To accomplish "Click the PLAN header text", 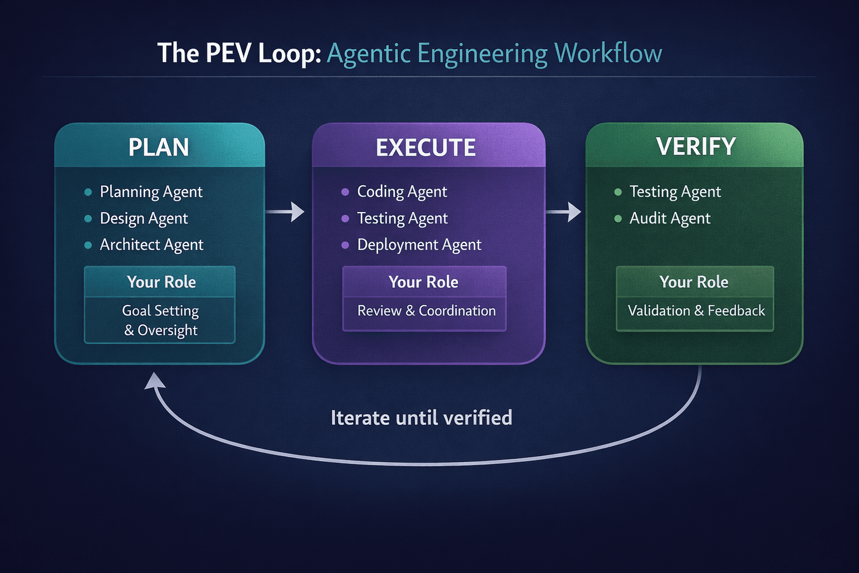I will tap(159, 147).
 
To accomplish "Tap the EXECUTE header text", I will tap(426, 148).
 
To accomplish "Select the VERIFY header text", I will tap(696, 147).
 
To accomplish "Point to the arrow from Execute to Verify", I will tap(564, 212).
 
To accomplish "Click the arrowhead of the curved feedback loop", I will tap(154, 382).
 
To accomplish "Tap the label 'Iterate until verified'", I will tap(421, 417).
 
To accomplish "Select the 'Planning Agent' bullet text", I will tap(151, 192).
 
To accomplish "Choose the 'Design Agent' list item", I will tap(144, 218).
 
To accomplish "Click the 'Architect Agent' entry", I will tap(152, 245).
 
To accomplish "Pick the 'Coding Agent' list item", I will tap(402, 192).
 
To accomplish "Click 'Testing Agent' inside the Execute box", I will tap(402, 218).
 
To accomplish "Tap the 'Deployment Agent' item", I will tap(419, 245).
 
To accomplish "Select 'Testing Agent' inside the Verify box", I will tap(675, 192).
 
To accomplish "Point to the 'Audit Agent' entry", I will tap(670, 218).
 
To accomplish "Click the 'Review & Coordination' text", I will tap(426, 311).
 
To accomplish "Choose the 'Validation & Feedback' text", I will tap(696, 311).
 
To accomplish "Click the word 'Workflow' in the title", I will tap(608, 54).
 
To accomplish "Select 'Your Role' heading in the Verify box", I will tap(693, 282).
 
